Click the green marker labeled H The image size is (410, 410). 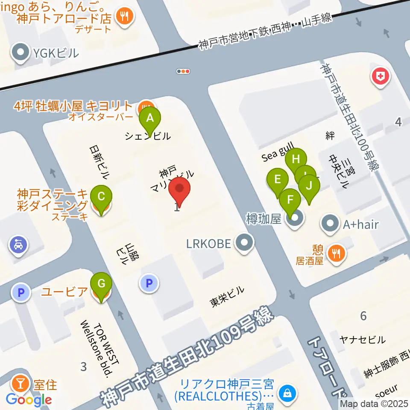(x=296, y=160)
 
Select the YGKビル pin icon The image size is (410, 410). (x=20, y=53)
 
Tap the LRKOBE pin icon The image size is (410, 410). (x=245, y=243)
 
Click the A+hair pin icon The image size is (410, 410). (x=330, y=223)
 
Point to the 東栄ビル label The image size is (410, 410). (x=227, y=296)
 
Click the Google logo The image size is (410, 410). (x=29, y=400)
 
